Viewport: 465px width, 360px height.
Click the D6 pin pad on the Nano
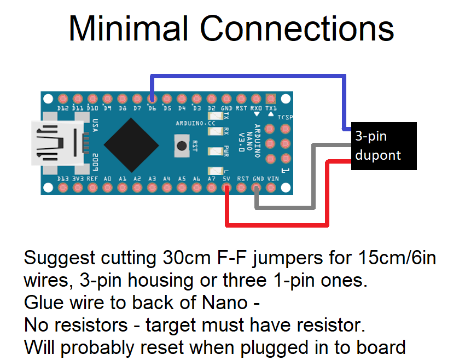152,100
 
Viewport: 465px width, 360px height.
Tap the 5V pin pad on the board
227,188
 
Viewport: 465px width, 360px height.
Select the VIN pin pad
272,188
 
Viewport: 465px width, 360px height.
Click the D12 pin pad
62,100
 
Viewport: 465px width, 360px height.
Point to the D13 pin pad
62,188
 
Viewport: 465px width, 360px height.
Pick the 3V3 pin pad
77,188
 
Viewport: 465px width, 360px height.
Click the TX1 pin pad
271,100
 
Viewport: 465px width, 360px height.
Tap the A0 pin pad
107,188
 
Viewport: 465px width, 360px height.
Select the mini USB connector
55,143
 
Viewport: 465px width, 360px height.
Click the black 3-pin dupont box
384,146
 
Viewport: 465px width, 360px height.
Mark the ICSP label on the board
285,118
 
